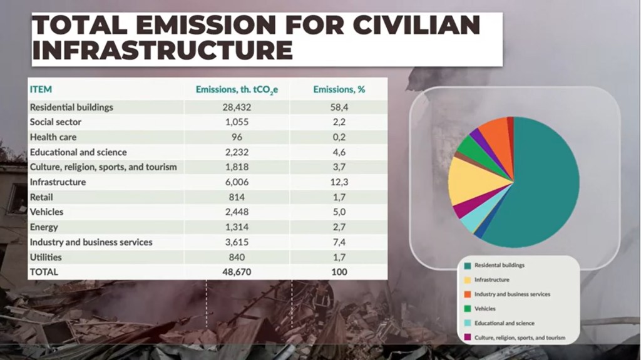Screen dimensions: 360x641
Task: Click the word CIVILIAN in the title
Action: pyautogui.click(x=417, y=25)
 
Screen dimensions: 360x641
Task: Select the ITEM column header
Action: pyautogui.click(x=41, y=90)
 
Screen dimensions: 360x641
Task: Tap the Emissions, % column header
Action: pyautogui.click(x=339, y=90)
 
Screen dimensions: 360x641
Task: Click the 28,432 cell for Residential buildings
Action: pyautogui.click(x=237, y=107)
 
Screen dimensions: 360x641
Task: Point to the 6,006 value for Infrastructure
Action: pyautogui.click(x=237, y=182)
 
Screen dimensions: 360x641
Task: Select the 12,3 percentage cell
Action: pyautogui.click(x=339, y=182)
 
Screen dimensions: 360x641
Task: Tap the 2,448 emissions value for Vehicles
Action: pyautogui.click(x=237, y=212)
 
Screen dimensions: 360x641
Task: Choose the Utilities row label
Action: pyautogui.click(x=46, y=257)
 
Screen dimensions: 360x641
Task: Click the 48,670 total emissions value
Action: pyautogui.click(x=237, y=272)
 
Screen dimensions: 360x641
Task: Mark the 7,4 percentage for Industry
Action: pyautogui.click(x=339, y=242)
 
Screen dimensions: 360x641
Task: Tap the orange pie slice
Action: pyautogui.click(x=495, y=131)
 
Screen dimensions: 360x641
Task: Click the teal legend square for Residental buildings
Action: pyautogui.click(x=467, y=265)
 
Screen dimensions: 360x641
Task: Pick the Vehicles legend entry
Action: pyautogui.click(x=485, y=309)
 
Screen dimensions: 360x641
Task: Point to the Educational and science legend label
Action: pyautogui.click(x=504, y=323)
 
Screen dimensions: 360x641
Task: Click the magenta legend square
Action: pyautogui.click(x=467, y=338)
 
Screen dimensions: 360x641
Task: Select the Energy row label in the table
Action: pyautogui.click(x=44, y=227)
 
